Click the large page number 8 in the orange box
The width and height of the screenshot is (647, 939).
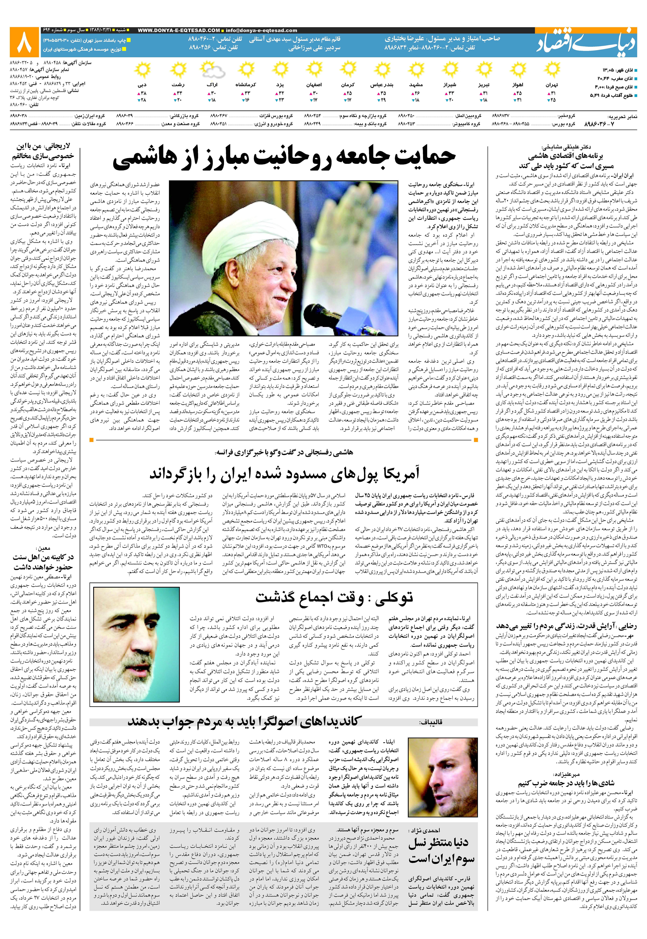[x=24, y=42]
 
